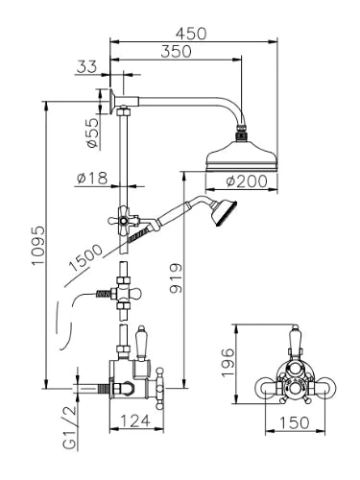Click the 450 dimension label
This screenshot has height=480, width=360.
(191, 34)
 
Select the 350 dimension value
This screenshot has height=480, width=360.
(176, 52)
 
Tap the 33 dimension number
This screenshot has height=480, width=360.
(86, 67)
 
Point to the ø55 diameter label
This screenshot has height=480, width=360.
(92, 132)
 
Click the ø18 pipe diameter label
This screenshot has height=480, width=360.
(92, 178)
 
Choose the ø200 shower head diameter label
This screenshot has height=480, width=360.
(247, 181)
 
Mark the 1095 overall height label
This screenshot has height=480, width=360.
(39, 245)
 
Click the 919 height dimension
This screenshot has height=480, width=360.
(176, 278)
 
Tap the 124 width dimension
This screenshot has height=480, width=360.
(135, 420)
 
